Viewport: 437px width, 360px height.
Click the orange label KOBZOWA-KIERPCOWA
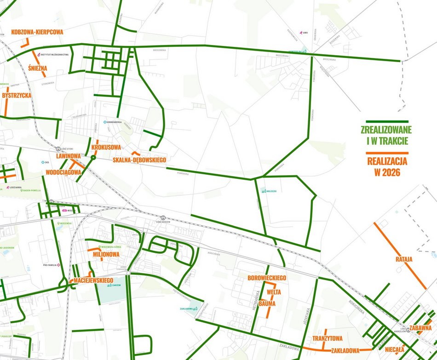tap(37, 33)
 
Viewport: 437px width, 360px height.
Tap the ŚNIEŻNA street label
tap(37, 69)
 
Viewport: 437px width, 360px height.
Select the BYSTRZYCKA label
tap(17, 95)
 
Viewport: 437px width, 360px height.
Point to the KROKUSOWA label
tap(106, 147)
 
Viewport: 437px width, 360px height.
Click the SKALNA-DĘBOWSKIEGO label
tap(139, 160)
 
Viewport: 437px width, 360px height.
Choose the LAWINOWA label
tap(68, 156)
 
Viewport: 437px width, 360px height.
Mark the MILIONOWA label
tap(106, 254)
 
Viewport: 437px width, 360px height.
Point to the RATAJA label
tap(404, 259)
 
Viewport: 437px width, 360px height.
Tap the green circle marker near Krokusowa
tap(93, 158)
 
